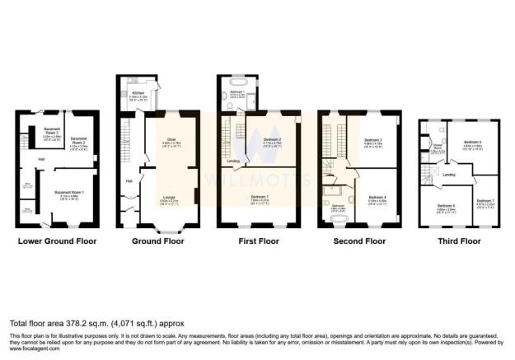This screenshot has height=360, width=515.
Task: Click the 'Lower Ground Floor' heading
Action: pos(57,242)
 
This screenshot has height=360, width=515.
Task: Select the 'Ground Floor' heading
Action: pos(159,242)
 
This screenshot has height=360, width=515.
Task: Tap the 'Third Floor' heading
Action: pos(457,242)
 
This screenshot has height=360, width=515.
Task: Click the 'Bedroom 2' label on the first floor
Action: pos(273,141)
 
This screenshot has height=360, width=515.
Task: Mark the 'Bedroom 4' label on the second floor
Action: pos(377,198)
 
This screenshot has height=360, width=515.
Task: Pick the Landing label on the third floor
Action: pos(450,175)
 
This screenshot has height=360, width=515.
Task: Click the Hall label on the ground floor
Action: pos(129,180)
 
